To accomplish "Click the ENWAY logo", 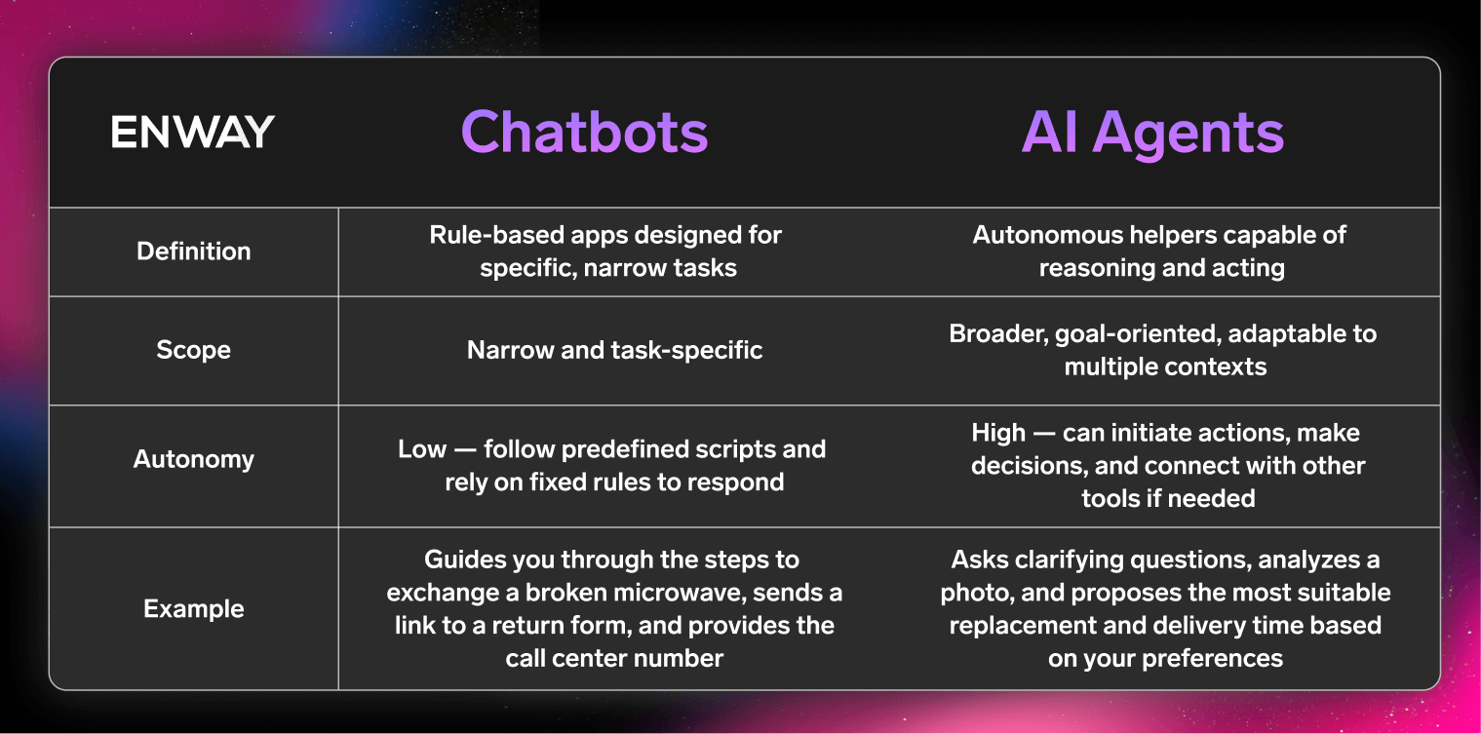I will tap(192, 132).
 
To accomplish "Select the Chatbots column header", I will tap(584, 132).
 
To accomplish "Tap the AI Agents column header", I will tap(1152, 132).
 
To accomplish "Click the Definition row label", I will tap(193, 251).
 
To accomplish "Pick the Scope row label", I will tap(193, 350).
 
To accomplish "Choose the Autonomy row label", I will tap(193, 459).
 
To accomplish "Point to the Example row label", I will tap(193, 609).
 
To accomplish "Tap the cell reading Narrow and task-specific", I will tap(614, 350).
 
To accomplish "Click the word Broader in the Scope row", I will tap(992, 333).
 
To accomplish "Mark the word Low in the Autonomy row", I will tap(419, 449).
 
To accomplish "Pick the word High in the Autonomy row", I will tap(998, 433).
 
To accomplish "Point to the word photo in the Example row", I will tap(975, 593).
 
